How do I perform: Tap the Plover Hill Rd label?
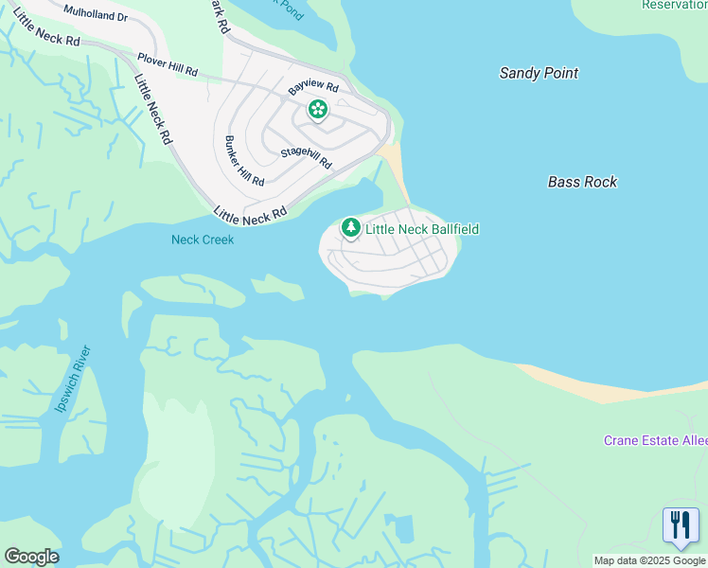tap(167, 64)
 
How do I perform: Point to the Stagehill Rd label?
tap(306, 157)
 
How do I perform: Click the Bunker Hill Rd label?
tap(244, 161)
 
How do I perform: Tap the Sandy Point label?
tap(539, 73)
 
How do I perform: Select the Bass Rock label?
tap(582, 182)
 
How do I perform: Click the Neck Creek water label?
tap(202, 240)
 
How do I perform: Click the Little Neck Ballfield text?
tap(422, 229)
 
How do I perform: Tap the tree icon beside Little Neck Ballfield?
tap(351, 228)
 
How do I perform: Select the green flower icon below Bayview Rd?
tap(318, 111)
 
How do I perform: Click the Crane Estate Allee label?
tap(655, 441)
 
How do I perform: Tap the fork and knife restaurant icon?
tap(681, 525)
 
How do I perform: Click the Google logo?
tap(31, 557)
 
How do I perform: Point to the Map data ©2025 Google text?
tap(649, 560)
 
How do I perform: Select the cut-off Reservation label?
tap(674, 5)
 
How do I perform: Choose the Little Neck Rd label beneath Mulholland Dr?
tap(46, 38)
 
